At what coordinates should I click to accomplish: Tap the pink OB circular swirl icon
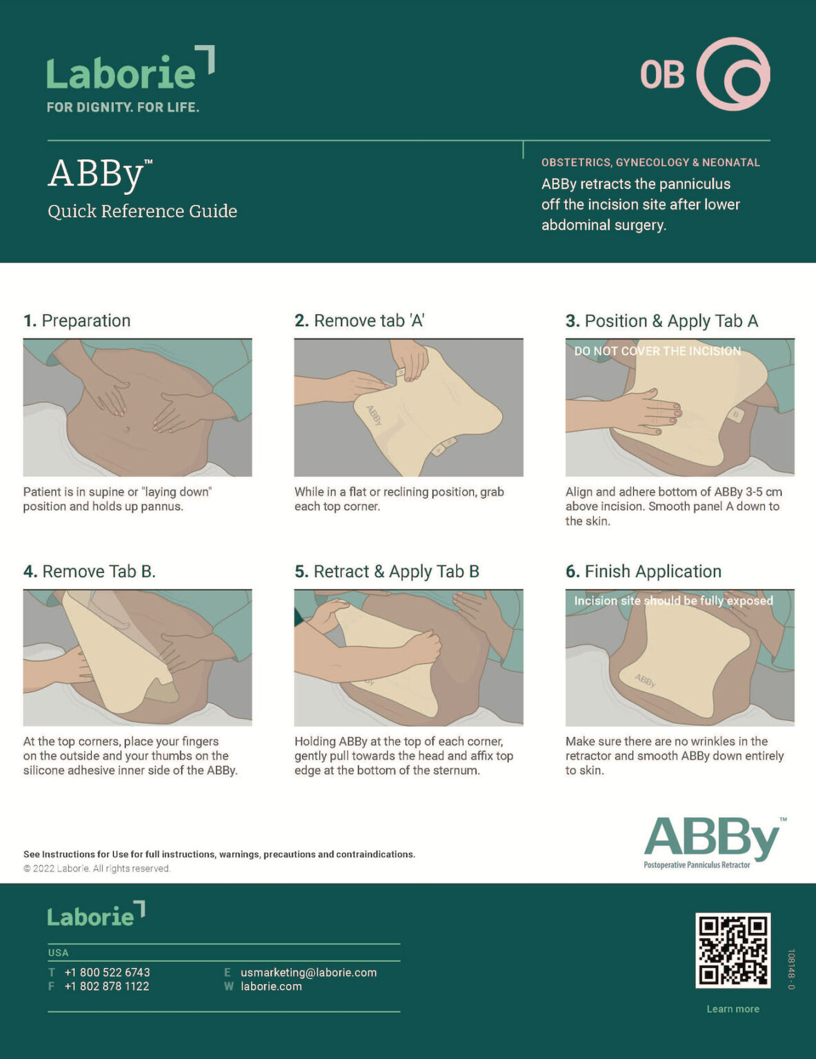click(x=733, y=74)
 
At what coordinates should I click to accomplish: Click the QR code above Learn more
click(x=733, y=950)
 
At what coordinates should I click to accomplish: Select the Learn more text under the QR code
click(x=733, y=1009)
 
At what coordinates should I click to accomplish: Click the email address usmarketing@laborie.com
click(x=308, y=972)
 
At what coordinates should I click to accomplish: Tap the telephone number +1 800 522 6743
click(x=107, y=972)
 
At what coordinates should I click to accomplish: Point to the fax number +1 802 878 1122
click(x=107, y=987)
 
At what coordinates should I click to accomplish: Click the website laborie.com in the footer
click(x=271, y=987)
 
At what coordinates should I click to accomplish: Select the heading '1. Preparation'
click(x=77, y=321)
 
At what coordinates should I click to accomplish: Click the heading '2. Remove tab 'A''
click(x=359, y=321)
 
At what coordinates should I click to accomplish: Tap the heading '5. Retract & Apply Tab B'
click(x=386, y=572)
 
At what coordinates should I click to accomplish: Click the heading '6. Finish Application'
click(x=643, y=572)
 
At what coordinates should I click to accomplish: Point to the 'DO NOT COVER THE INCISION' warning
click(x=657, y=351)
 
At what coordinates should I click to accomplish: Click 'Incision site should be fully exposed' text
click(x=673, y=601)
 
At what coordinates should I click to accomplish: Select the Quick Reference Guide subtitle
click(x=142, y=211)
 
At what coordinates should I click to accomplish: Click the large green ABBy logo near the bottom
click(x=713, y=839)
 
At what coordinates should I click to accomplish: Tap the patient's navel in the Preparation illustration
click(x=126, y=430)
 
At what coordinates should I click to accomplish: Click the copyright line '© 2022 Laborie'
click(x=97, y=869)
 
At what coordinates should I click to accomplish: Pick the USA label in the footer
click(x=58, y=953)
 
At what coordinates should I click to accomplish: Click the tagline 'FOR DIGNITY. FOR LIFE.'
click(x=123, y=107)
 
